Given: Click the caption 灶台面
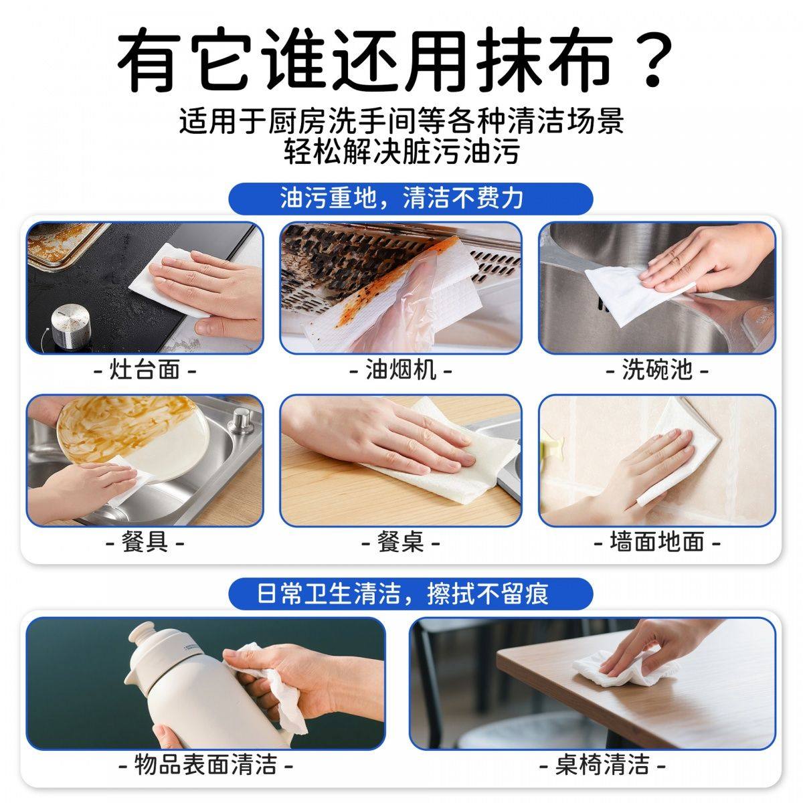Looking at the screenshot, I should pos(145,369).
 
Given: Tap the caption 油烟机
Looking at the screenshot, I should pos(401,369).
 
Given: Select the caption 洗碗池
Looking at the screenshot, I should pos(656,369).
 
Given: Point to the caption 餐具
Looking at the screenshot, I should pos(145,541).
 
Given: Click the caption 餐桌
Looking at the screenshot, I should pos(401,541).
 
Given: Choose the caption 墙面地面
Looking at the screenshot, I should pos(656,541).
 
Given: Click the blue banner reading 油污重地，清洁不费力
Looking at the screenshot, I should pos(401,198).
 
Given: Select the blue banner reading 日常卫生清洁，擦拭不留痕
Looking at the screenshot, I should pos(402,594).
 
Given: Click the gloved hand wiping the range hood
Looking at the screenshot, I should pos(395,294).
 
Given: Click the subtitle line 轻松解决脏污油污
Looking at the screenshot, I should pos(401,153).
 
